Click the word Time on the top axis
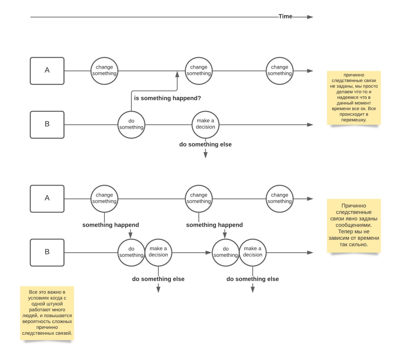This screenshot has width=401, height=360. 285,16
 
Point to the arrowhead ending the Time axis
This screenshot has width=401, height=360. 310,17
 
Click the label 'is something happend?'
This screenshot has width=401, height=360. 167,98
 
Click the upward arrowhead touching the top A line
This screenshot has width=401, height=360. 177,74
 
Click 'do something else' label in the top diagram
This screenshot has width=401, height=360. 206,144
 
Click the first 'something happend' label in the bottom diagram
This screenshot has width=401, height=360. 111,225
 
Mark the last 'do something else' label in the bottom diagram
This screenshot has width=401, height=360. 253,279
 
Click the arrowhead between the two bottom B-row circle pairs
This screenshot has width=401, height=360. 208,253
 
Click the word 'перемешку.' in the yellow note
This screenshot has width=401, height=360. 354,120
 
